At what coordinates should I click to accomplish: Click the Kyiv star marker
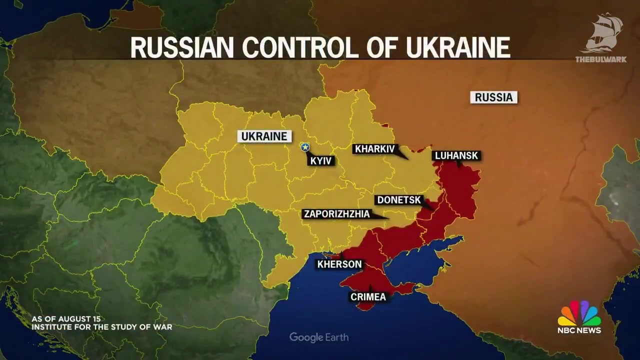coord(305,146)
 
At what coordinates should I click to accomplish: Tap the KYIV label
coord(321,161)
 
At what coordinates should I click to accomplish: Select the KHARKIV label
coord(374,149)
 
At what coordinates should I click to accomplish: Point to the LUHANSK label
coord(456,155)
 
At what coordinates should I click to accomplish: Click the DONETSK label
coord(399,200)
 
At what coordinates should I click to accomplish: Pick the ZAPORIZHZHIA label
coord(336,214)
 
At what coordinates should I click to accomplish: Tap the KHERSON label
coord(339,264)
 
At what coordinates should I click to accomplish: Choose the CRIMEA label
coord(368,297)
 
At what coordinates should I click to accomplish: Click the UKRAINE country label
coord(264,136)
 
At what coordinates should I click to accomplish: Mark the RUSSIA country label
coord(493,97)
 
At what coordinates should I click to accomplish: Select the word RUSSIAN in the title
coord(182,47)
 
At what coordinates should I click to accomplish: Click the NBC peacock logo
coord(579,313)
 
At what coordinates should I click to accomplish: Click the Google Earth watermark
coord(319,337)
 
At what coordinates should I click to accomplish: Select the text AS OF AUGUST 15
coord(66,319)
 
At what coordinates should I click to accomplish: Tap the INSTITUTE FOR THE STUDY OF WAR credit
coord(102,327)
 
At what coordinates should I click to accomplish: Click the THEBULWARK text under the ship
coord(600,59)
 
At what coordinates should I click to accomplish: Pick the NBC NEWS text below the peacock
coord(579,330)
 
